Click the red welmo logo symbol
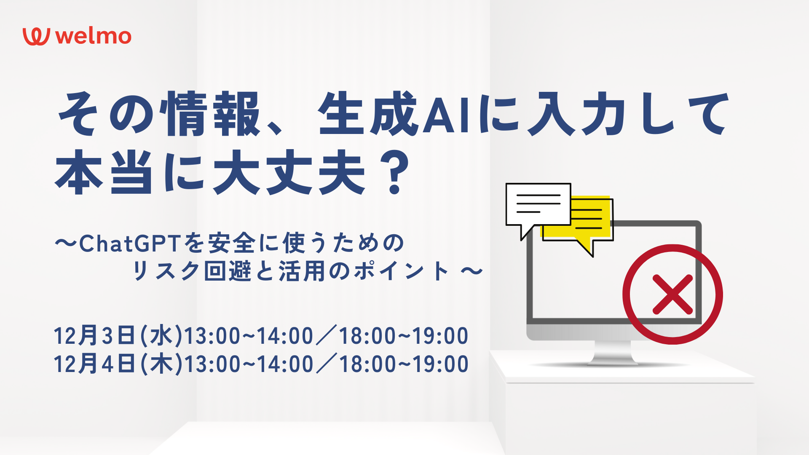(36, 37)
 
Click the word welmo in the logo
(94, 36)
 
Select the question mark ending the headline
(394, 173)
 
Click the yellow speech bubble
(592, 221)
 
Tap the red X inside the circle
(672, 294)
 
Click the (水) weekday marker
(161, 336)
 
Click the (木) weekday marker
(161, 364)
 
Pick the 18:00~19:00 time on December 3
(404, 336)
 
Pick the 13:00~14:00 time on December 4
(249, 364)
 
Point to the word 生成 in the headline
(368, 114)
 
